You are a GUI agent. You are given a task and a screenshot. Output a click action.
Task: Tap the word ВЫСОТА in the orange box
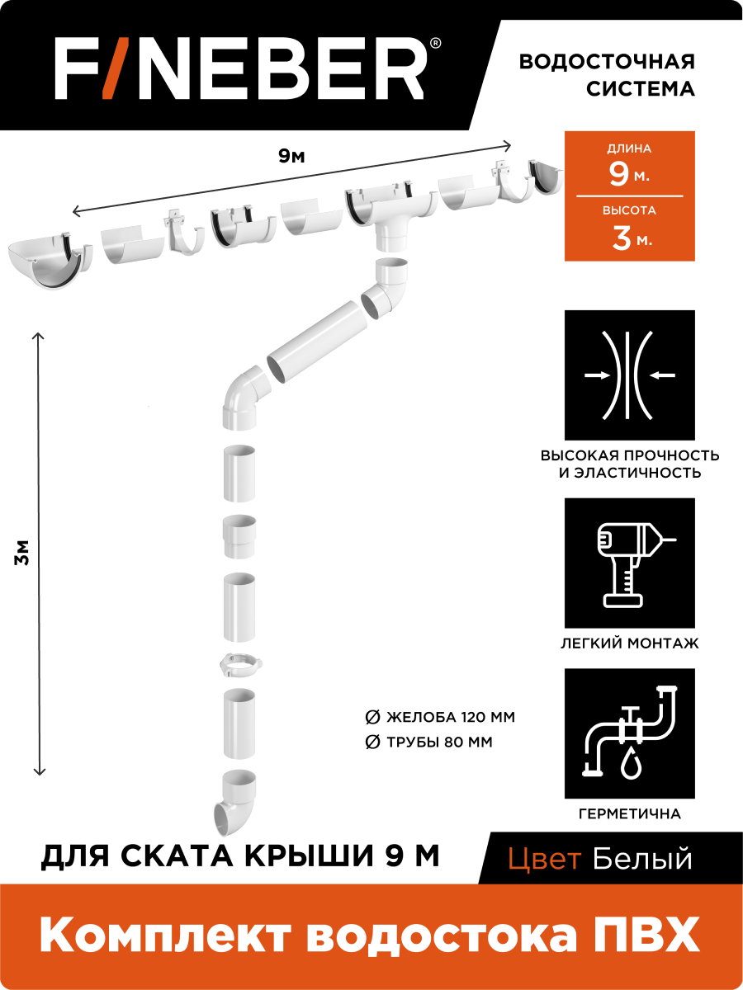[629, 210]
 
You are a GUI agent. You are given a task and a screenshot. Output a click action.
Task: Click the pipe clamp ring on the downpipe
[239, 664]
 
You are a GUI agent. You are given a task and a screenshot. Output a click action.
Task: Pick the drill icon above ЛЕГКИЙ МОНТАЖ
[629, 562]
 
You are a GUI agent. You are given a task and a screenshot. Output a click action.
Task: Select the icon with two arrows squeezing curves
[629, 375]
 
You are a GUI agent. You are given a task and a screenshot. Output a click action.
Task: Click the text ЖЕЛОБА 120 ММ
[450, 717]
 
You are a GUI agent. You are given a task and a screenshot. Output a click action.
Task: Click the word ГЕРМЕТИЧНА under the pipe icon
[629, 814]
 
